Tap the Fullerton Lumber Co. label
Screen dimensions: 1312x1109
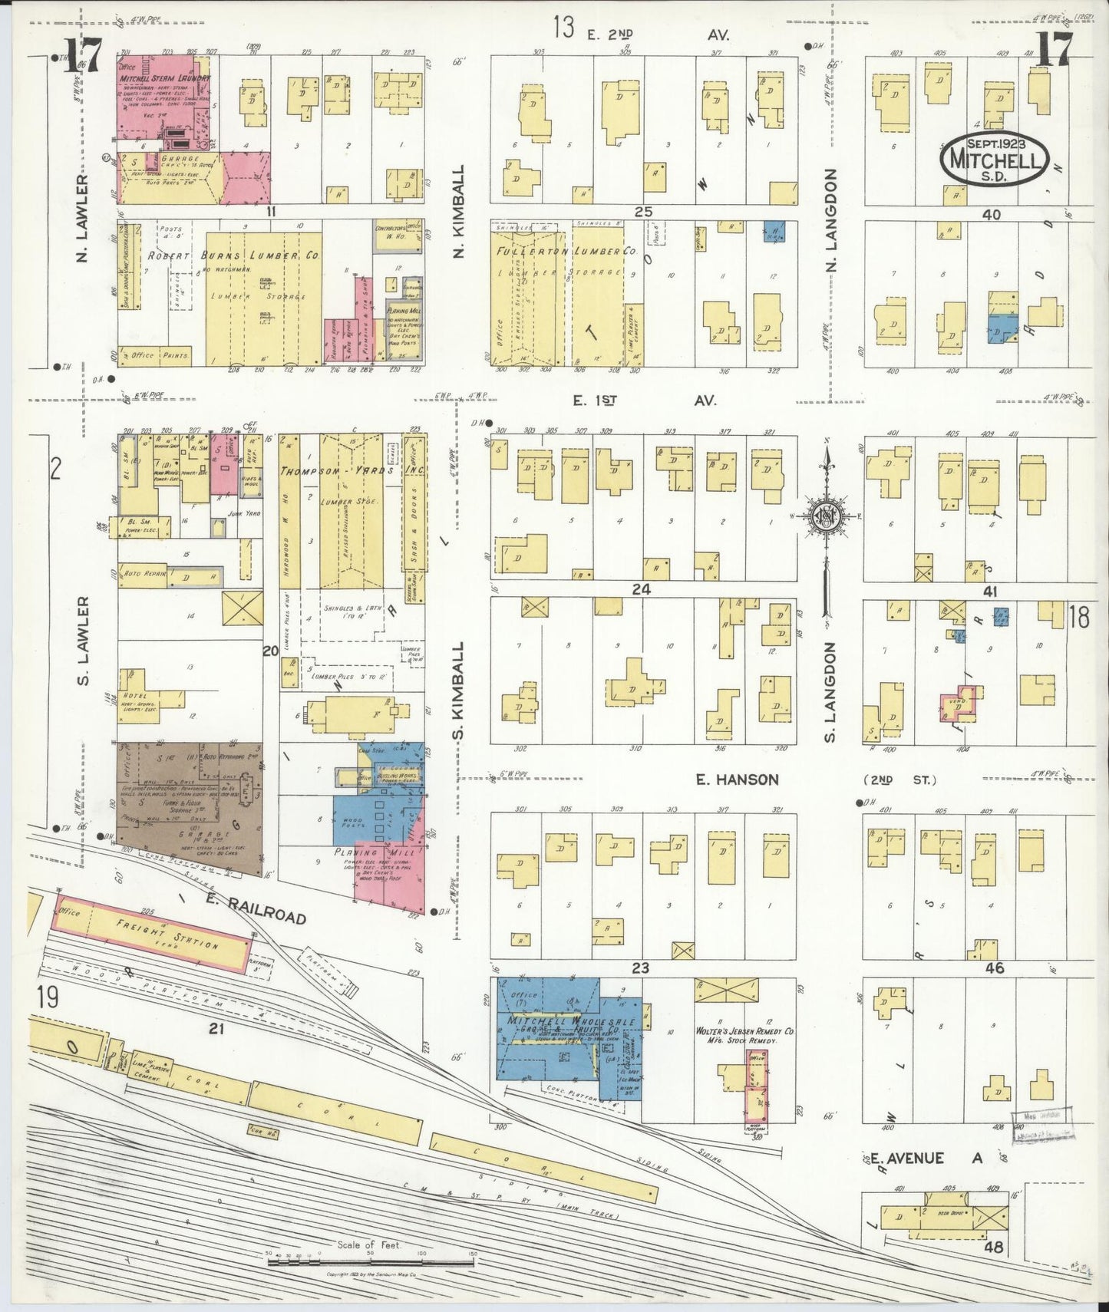(566, 251)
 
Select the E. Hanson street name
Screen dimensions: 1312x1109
(737, 780)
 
